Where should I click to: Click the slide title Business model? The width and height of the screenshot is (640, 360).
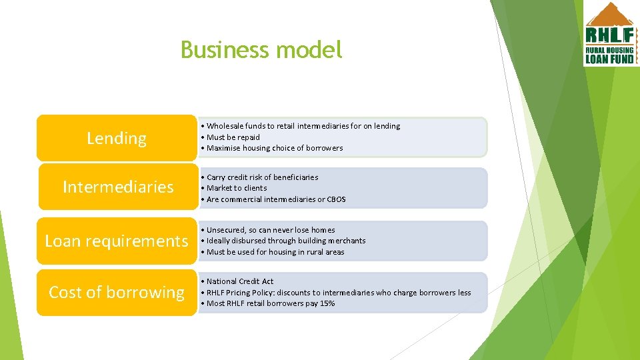coord(261,50)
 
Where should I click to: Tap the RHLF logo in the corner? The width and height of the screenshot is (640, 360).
coord(610,34)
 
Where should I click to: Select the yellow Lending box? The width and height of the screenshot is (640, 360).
coord(117,138)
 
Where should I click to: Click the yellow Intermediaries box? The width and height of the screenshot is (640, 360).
coord(118,187)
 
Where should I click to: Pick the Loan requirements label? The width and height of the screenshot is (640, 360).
coord(117,241)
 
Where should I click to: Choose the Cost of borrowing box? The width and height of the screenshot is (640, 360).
coord(117,292)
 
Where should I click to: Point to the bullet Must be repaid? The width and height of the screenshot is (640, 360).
coord(233,137)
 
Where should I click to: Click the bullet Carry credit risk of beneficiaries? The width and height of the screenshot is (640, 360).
coord(262,177)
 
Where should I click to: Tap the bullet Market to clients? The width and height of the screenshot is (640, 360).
coord(237,188)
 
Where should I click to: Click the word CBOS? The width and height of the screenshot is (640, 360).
coord(336,199)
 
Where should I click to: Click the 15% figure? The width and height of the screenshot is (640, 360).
coord(327,303)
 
